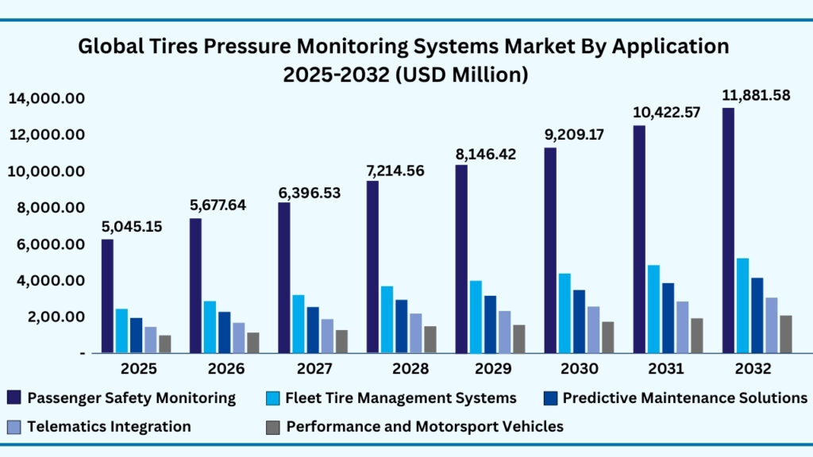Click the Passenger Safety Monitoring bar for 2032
[728, 230]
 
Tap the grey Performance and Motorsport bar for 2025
[165, 344]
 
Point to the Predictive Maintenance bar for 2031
[669, 317]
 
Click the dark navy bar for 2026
[195, 286]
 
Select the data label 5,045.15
[131, 226]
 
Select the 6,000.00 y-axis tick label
[47, 244]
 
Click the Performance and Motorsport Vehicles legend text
[425, 426]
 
